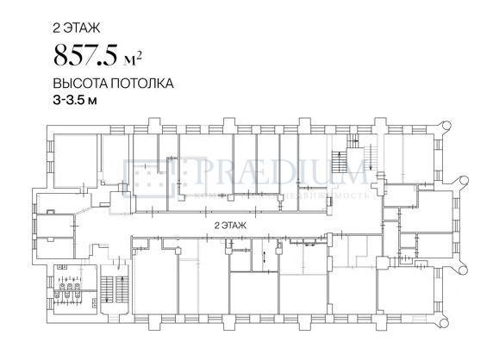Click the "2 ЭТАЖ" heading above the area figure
(x=75, y=28)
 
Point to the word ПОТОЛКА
(x=145, y=85)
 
